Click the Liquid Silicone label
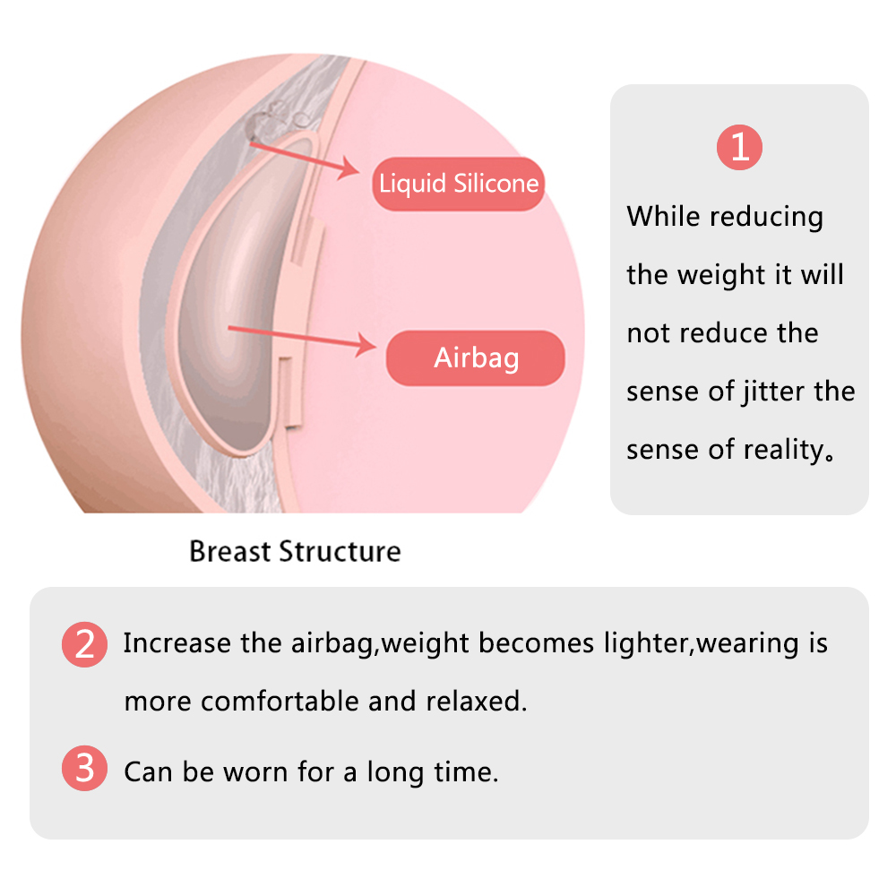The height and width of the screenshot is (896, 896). (x=458, y=184)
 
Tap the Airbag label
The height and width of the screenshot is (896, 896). (x=476, y=358)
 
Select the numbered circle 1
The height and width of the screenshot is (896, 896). (x=739, y=148)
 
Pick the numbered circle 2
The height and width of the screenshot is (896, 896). (x=84, y=644)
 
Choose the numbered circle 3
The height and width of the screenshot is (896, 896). (x=84, y=768)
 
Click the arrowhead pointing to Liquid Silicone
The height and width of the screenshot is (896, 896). (x=348, y=168)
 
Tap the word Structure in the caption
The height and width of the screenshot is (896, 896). (x=340, y=551)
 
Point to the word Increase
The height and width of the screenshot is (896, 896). (x=177, y=642)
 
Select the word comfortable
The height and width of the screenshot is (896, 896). (x=280, y=702)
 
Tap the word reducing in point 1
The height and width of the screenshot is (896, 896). (x=766, y=218)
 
